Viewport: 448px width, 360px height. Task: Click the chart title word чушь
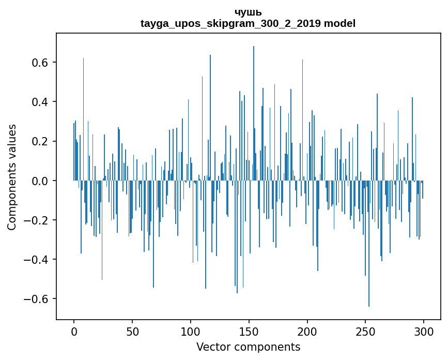248,12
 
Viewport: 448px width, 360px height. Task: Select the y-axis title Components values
12,177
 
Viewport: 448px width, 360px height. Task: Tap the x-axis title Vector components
248,347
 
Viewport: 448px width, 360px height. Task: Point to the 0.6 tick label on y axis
41,63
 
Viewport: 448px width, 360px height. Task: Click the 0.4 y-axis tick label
41,102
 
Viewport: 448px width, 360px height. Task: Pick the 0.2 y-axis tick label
41,141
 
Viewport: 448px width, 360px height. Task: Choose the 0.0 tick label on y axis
41,181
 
